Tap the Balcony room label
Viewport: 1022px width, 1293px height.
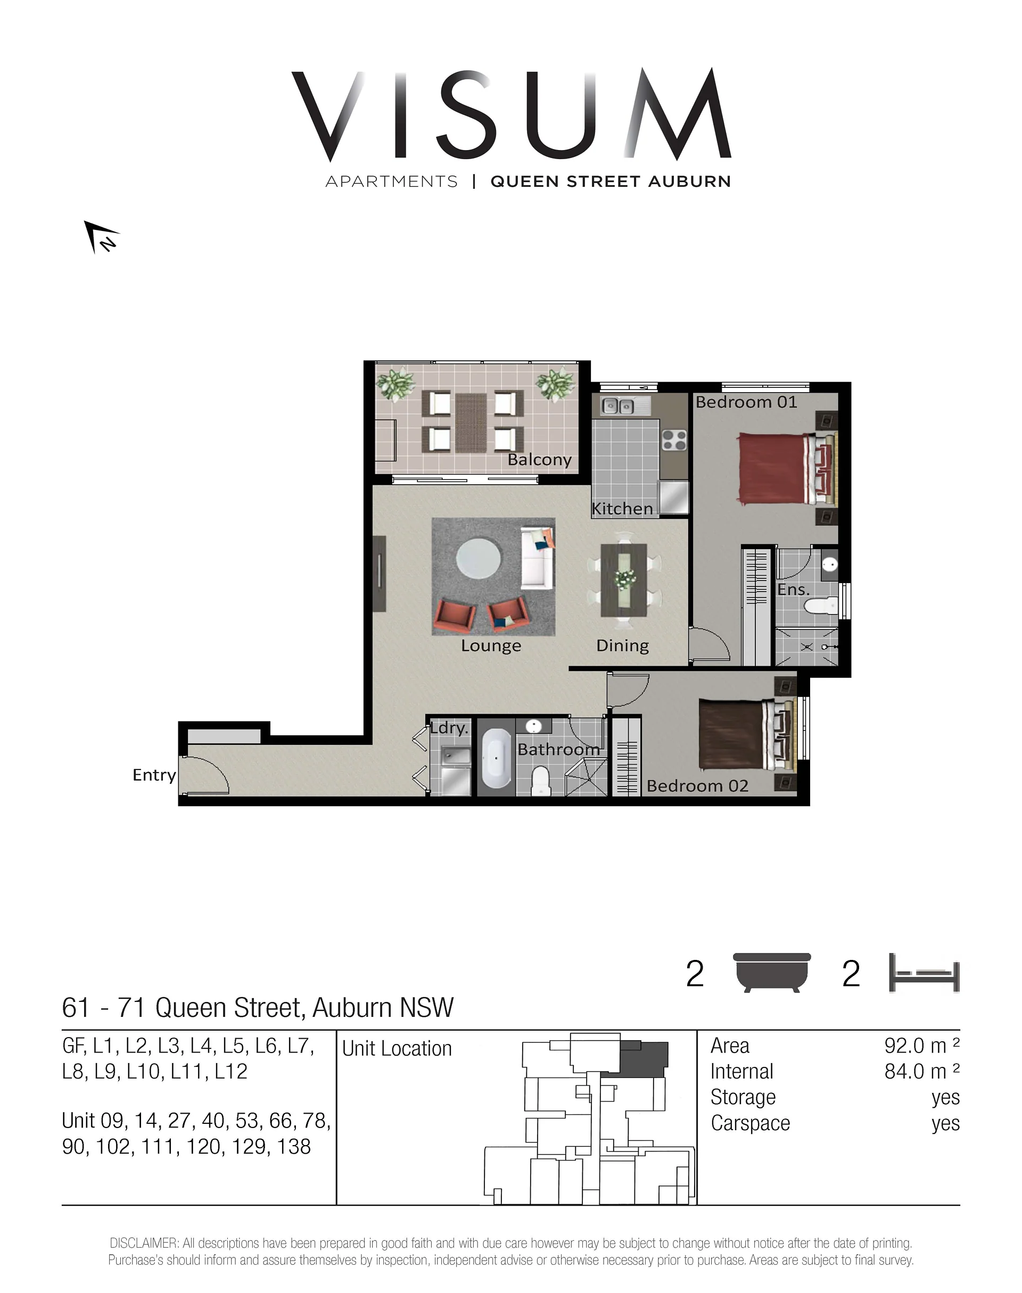[x=539, y=460]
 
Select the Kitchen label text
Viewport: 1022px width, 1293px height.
[x=622, y=509]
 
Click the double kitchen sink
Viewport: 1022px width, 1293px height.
[x=618, y=406]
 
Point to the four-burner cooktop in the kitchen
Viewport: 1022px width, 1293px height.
[x=674, y=440]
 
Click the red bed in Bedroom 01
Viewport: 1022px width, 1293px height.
[x=787, y=468]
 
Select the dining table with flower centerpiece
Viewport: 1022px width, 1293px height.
[x=623, y=579]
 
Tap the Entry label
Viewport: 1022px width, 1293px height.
[x=154, y=775]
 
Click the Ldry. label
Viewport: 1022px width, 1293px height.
[x=449, y=728]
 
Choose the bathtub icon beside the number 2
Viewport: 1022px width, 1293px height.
[x=772, y=973]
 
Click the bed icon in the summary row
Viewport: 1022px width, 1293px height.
[x=925, y=973]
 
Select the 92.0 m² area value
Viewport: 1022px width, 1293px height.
[x=921, y=1046]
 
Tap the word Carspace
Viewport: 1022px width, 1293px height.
[x=751, y=1124]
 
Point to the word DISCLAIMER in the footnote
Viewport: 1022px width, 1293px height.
[x=144, y=1244]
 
